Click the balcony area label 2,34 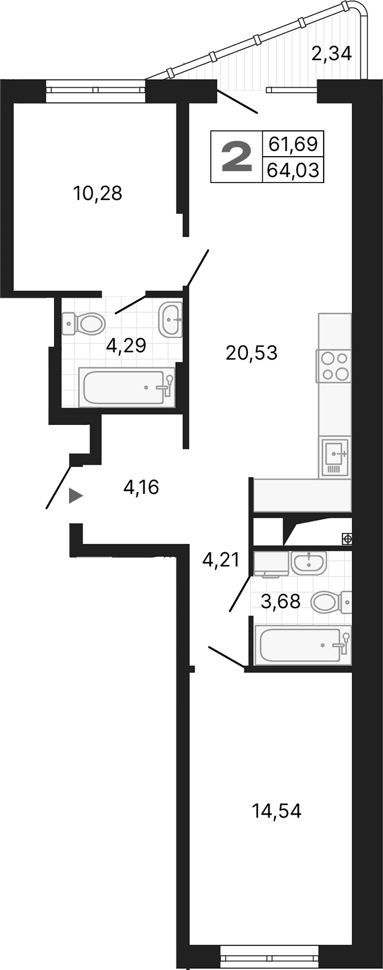(331, 54)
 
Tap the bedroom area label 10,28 (97, 193)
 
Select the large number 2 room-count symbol (237, 157)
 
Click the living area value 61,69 (293, 144)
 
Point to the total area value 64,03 (293, 170)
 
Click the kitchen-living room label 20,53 (252, 353)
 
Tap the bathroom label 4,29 (126, 346)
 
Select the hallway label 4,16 (141, 487)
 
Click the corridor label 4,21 (221, 561)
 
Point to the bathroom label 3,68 (280, 601)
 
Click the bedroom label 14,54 (276, 812)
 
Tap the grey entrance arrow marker (75, 496)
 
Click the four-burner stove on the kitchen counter (334, 366)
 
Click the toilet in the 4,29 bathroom (85, 324)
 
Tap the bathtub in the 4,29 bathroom (127, 388)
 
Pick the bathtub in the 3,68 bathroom (303, 645)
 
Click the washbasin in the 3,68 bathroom (309, 562)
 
